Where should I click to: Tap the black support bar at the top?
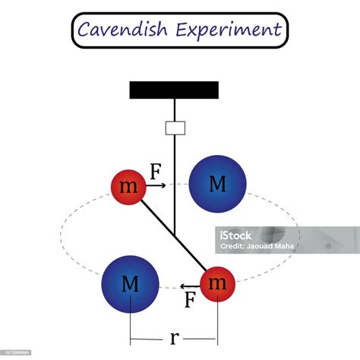click(174, 90)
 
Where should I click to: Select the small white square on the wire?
click(175, 128)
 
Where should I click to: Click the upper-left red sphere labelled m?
click(129, 187)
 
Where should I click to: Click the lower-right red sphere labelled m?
click(218, 283)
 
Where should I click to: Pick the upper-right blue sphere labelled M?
click(217, 184)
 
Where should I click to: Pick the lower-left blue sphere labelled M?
click(131, 284)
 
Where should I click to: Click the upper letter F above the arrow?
click(156, 172)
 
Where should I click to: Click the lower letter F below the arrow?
click(191, 300)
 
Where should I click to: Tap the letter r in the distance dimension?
click(174, 336)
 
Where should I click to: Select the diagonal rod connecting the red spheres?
click(174, 235)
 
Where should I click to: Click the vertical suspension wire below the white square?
click(175, 182)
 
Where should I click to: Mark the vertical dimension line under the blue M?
click(131, 323)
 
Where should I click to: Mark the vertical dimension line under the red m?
click(218, 323)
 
